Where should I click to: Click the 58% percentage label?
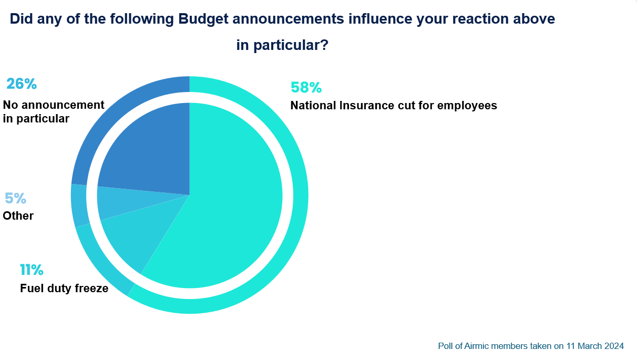point(306,87)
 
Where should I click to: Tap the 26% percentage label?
point(22,84)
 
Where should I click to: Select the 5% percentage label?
point(15,198)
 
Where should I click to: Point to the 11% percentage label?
point(32,270)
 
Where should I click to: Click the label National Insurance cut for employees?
point(394,106)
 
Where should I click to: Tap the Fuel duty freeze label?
point(64,289)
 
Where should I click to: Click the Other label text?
point(18,216)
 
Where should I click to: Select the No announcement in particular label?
point(54,112)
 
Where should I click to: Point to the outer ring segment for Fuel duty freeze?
point(100,264)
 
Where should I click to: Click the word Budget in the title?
point(203,19)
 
